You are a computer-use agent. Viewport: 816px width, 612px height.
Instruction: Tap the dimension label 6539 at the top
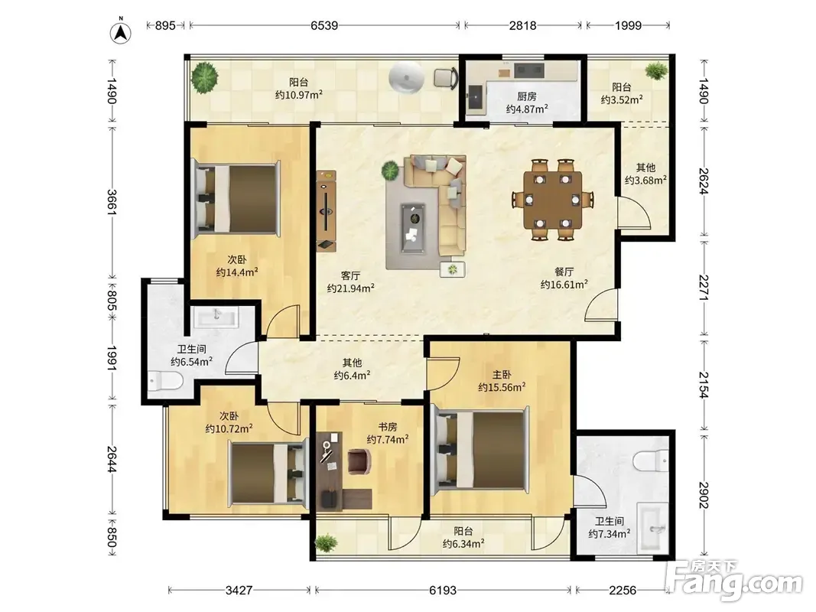(324, 25)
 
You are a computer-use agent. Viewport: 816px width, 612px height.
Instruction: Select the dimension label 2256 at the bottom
(623, 590)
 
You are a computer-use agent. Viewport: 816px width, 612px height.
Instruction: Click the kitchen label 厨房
(527, 96)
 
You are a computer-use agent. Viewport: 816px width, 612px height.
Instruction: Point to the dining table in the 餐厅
(552, 200)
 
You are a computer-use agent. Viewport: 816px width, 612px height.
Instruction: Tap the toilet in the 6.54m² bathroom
(165, 380)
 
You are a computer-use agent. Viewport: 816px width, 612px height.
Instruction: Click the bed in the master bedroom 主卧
(481, 450)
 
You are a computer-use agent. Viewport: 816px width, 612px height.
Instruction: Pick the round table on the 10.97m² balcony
(406, 78)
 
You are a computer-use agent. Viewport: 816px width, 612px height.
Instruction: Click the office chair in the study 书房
(359, 461)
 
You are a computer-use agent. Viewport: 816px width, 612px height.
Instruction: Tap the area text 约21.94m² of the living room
(351, 288)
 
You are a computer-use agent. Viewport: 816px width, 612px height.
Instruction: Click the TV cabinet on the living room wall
(327, 211)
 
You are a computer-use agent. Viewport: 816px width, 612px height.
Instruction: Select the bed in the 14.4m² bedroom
(237, 198)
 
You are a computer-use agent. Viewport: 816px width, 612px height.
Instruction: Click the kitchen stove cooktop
(529, 70)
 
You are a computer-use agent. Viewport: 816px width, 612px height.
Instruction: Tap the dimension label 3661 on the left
(112, 202)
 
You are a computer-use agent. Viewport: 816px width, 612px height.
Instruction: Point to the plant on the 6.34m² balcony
(327, 543)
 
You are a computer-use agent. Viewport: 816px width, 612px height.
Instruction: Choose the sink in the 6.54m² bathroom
(216, 317)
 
